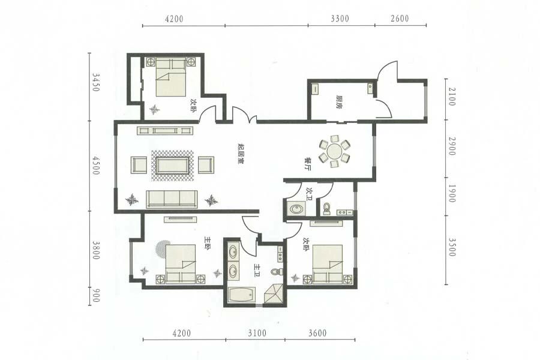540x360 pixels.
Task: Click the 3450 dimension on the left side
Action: click(x=96, y=82)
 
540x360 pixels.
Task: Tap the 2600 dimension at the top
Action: click(x=400, y=18)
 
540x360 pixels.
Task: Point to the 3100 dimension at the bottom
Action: click(x=257, y=333)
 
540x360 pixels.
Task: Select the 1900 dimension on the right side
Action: click(x=452, y=194)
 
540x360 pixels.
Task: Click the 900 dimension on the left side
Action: click(x=96, y=296)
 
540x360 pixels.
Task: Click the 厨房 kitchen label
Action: click(x=339, y=102)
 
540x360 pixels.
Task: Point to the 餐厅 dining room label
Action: click(x=308, y=164)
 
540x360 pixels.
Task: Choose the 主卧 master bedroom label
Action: click(x=207, y=243)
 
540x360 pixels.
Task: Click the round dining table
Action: click(x=334, y=151)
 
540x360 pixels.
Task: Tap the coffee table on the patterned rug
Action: click(x=173, y=166)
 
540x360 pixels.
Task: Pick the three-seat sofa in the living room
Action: click(x=172, y=199)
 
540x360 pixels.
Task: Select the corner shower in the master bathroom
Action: click(x=274, y=293)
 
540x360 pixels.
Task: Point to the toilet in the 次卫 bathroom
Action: click(x=326, y=209)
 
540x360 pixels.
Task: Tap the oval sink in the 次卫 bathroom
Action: click(x=296, y=209)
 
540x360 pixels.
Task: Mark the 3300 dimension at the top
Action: click(x=340, y=18)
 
